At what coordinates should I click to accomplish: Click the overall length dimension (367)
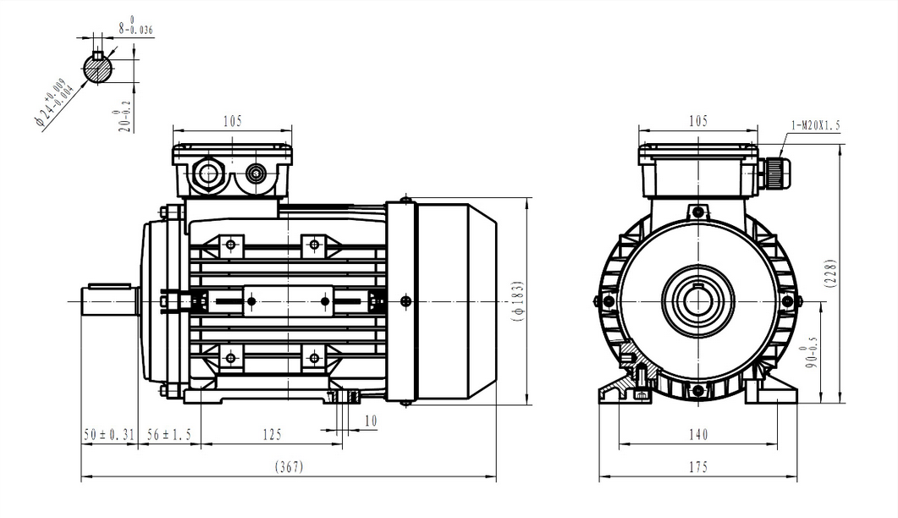point(289,467)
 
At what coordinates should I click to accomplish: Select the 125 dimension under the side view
point(271,434)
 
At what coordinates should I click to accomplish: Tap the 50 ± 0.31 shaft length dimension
point(109,434)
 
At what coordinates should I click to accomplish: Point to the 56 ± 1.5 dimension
point(169,434)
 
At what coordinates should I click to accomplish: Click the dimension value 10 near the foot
point(371,420)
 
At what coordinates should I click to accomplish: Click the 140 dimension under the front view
point(697,434)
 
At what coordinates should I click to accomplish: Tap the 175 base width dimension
point(697,467)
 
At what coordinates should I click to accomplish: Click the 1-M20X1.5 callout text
point(815,125)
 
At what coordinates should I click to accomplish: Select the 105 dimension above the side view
point(232,121)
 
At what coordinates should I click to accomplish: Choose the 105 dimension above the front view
point(697,121)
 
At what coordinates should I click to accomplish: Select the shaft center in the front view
point(697,301)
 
